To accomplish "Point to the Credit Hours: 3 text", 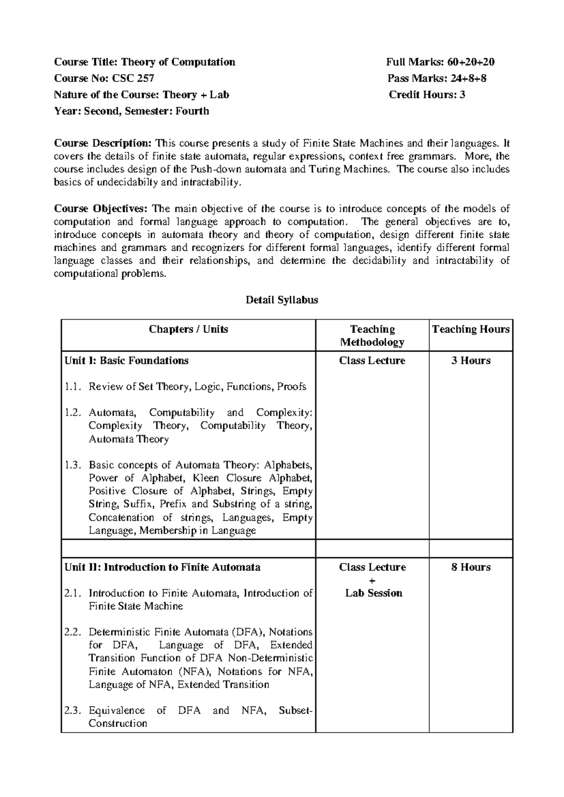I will (427, 95).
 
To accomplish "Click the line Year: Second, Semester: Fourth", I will (132, 111).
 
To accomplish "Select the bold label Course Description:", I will (103, 143).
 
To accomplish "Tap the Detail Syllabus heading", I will (282, 300).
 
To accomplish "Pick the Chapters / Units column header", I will (188, 329).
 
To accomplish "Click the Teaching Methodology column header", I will (372, 336).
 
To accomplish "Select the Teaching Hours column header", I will (470, 329).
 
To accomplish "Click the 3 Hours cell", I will (470, 361).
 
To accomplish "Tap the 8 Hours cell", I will (470, 567).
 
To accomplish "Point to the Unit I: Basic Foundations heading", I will (126, 361).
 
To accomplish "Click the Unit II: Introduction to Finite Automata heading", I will (162, 567).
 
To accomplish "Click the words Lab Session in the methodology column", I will (374, 593).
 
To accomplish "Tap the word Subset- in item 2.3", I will (295, 711).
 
